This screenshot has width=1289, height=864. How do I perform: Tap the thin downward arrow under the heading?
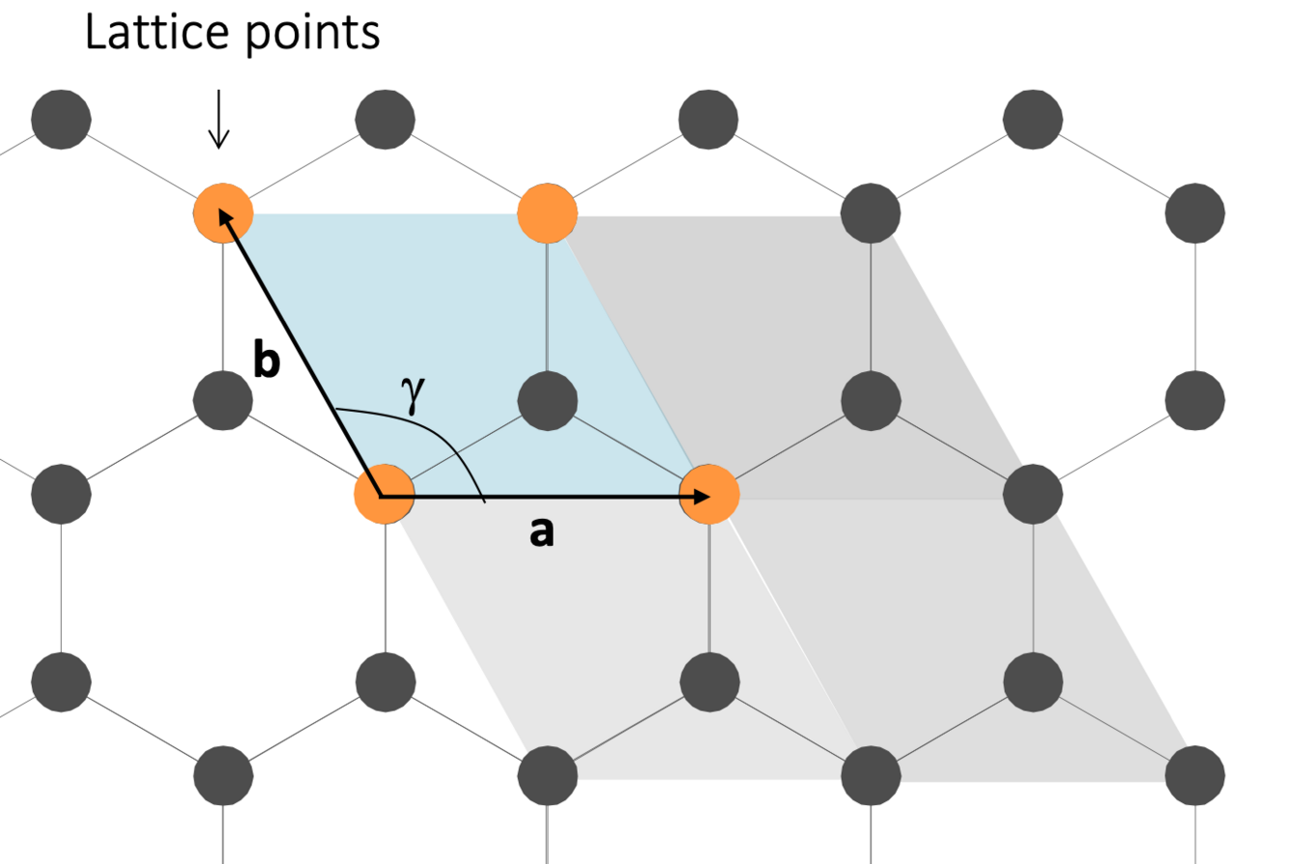pos(219,121)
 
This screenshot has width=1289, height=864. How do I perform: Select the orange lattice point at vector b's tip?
pos(223,212)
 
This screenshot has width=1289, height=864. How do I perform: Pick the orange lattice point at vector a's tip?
pos(710,495)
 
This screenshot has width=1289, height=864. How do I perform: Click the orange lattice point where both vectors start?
pos(384,495)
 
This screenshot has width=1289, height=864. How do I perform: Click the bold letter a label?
pos(542,531)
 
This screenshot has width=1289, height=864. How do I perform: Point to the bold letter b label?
pos(268,361)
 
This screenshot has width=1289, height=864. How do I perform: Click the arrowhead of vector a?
pos(701,496)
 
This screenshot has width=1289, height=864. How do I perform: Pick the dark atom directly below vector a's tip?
pos(710,682)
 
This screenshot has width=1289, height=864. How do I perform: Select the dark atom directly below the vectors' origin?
pos(386,682)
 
